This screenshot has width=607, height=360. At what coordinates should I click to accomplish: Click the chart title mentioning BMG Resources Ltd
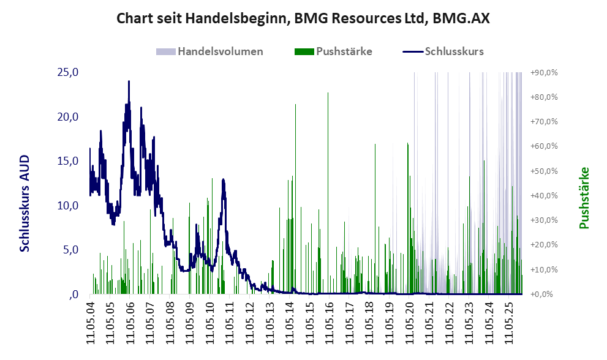click(x=303, y=18)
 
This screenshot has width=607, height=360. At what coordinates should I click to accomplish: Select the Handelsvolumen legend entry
click(x=220, y=51)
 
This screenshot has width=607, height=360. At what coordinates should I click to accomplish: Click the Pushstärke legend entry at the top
click(x=344, y=51)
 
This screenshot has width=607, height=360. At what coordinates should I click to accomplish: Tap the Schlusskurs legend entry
click(x=454, y=51)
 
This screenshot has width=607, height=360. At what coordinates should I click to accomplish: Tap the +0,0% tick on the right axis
click(x=546, y=294)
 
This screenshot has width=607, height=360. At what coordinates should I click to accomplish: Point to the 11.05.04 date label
click(x=90, y=321)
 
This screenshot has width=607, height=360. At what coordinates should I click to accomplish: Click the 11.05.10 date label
click(x=210, y=321)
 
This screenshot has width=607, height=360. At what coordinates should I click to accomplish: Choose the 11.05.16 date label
click(x=330, y=321)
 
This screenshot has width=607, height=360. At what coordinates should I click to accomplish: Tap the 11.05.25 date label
click(x=510, y=321)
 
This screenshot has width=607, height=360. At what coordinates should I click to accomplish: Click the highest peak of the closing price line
click(x=129, y=81)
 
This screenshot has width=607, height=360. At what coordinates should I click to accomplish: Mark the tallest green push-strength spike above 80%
click(x=328, y=93)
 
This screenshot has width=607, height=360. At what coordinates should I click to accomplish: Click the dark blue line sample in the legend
click(x=413, y=51)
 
